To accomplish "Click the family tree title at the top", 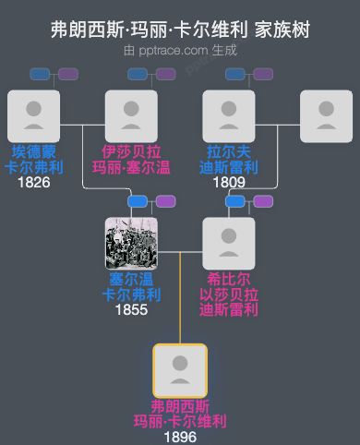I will [180, 30].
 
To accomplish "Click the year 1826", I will [33, 182].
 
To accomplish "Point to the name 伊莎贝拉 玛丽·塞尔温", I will [131, 159].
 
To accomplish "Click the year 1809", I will [229, 182].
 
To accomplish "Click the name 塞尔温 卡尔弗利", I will [131, 286].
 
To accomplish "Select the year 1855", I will [131, 309].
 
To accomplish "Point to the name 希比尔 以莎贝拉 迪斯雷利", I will [229, 294].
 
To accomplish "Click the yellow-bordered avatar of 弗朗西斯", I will [180, 370].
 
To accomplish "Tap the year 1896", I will [180, 437].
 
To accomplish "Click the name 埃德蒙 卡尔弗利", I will [33, 159].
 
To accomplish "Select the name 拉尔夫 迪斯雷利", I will [229, 159].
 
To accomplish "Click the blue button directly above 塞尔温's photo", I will [138, 201].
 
